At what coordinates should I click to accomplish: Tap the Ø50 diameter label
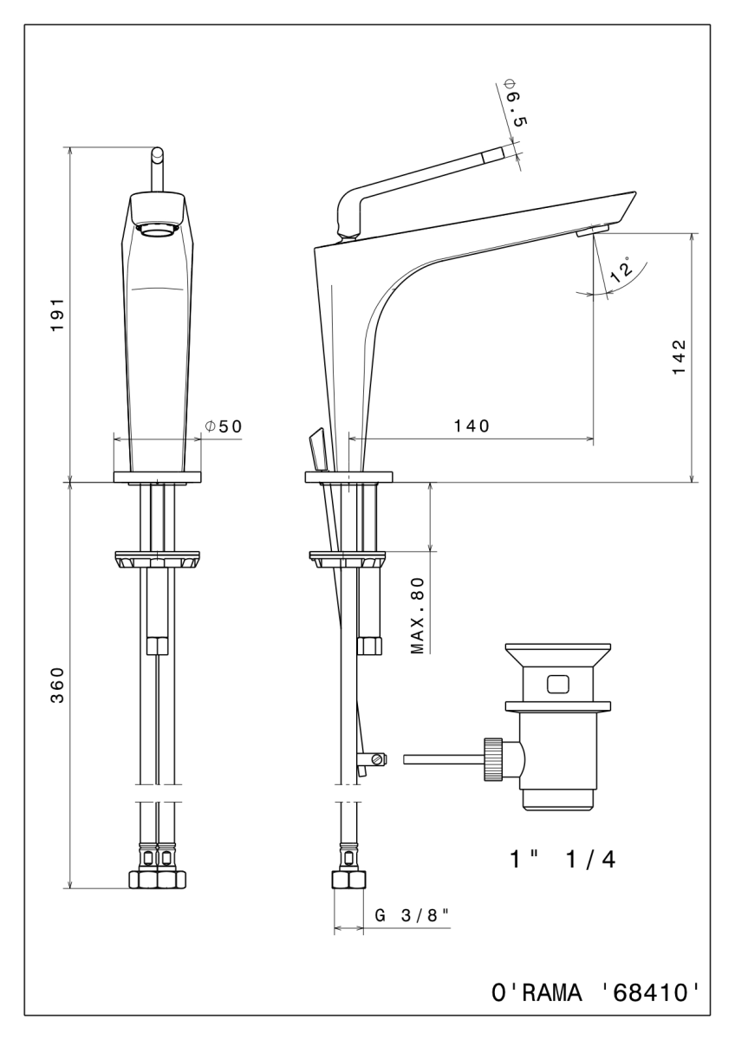click(223, 426)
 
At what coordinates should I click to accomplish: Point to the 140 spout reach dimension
click(472, 426)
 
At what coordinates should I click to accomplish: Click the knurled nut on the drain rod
click(493, 759)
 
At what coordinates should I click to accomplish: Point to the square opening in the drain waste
click(558, 685)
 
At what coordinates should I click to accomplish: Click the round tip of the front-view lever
click(158, 153)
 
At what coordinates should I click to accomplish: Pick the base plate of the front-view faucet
click(158, 477)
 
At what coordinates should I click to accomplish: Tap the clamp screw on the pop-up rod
click(375, 759)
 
